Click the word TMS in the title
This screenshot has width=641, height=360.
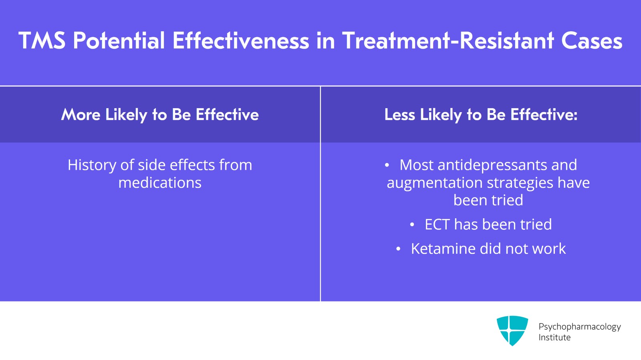coord(42,41)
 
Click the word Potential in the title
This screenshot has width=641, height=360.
coord(119,41)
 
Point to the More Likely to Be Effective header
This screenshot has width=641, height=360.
coord(160,115)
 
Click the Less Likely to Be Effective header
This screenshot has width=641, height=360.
coord(481,115)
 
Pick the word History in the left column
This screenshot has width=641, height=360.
coord(92,165)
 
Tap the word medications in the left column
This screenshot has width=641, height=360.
coord(160,183)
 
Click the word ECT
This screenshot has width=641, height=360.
coord(437,225)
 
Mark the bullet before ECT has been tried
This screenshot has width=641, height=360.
coord(412,225)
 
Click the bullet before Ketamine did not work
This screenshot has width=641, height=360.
coord(398,249)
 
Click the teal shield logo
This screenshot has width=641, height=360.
coord(512,330)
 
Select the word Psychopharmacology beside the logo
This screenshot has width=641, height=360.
coord(579,327)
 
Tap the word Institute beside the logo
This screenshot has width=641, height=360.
coord(554,338)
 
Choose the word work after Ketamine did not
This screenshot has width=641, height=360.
coord(549,249)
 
